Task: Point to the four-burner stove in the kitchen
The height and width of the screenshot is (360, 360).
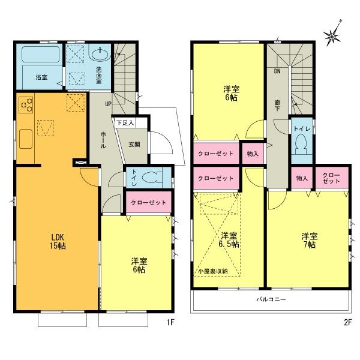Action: pos(26,105)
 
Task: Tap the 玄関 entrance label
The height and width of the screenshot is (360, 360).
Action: pos(134,143)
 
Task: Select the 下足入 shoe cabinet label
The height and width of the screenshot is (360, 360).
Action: pos(125,123)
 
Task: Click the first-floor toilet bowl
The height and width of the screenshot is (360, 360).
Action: pos(154,178)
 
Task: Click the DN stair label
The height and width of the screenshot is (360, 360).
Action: pos(277,71)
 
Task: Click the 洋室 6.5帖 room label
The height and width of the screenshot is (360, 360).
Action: pos(229,240)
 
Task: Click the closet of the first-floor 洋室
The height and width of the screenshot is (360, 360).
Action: pos(148,202)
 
